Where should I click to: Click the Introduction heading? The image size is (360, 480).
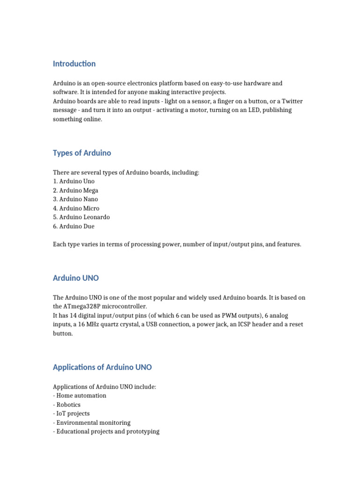coord(74,64)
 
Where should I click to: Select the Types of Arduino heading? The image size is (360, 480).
coord(82,153)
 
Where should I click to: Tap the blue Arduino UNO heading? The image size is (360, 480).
coord(76,278)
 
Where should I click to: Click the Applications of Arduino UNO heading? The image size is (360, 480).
coord(102,367)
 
